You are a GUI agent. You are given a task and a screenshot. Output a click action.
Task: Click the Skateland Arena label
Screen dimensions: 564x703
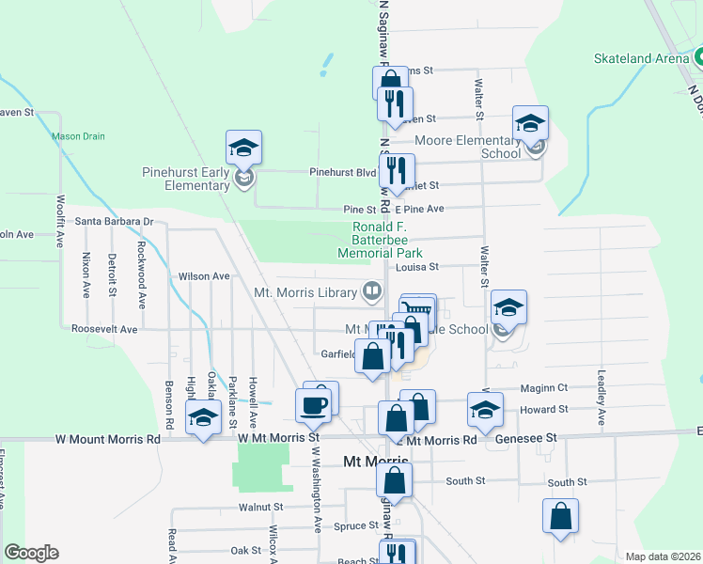[x=642, y=57]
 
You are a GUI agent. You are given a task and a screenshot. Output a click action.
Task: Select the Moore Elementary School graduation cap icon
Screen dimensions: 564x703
[x=530, y=124]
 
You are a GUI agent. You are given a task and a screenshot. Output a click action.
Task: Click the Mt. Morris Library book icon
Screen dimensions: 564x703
[x=373, y=291]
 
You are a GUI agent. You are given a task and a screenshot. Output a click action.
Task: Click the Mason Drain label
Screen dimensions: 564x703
[x=78, y=136]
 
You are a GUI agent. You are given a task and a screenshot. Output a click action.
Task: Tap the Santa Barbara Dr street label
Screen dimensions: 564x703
[x=114, y=222]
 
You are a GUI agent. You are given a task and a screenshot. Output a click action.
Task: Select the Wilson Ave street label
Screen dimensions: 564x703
[x=204, y=276]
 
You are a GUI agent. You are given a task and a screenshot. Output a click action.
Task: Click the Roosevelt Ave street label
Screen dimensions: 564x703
[x=104, y=330]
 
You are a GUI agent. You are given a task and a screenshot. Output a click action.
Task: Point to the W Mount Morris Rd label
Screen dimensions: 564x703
[x=109, y=438]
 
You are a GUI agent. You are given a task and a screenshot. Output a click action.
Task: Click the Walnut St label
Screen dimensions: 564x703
[x=260, y=507]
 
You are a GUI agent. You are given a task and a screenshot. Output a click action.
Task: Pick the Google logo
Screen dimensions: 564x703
[x=31, y=553]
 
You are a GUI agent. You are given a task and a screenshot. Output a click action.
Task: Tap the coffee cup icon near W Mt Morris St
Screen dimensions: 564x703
[x=313, y=406]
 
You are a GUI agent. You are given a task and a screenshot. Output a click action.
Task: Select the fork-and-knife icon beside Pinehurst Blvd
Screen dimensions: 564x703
[x=397, y=171]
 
